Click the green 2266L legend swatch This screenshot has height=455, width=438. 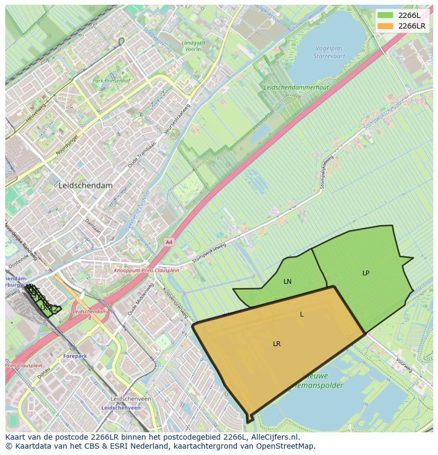point(385,15)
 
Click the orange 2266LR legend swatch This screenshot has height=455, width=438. point(385,26)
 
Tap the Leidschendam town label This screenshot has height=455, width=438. point(86,185)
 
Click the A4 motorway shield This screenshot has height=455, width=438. point(169,242)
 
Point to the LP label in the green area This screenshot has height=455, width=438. point(366,273)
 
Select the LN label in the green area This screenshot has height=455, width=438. point(287,282)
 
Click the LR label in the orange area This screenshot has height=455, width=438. point(277,344)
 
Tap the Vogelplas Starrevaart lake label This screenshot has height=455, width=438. point(329,51)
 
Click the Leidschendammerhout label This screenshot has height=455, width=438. point(296,88)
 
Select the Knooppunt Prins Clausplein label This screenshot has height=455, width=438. point(147,270)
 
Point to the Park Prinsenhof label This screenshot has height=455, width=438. point(111,81)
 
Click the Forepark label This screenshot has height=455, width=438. point(75,356)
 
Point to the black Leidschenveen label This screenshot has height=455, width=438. point(131,399)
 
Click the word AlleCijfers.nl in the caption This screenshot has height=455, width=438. point(275,438)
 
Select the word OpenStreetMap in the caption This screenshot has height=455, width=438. point(287,446)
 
